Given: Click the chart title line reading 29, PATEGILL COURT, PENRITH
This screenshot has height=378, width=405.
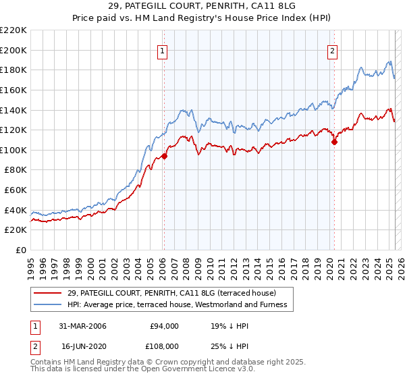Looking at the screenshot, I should [202, 7].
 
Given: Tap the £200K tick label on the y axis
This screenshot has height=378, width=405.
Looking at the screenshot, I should [13, 50].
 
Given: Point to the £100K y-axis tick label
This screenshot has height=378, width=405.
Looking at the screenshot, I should [13, 150].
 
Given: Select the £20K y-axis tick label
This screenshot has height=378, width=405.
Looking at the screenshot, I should [16, 230].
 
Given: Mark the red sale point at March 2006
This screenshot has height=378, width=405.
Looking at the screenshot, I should [164, 156].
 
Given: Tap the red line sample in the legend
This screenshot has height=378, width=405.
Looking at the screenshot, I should [48, 293].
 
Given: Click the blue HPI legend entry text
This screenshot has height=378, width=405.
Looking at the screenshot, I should [178, 305].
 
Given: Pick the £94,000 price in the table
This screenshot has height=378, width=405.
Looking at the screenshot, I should [163, 326].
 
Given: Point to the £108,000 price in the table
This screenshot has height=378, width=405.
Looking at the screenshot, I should [163, 346].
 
